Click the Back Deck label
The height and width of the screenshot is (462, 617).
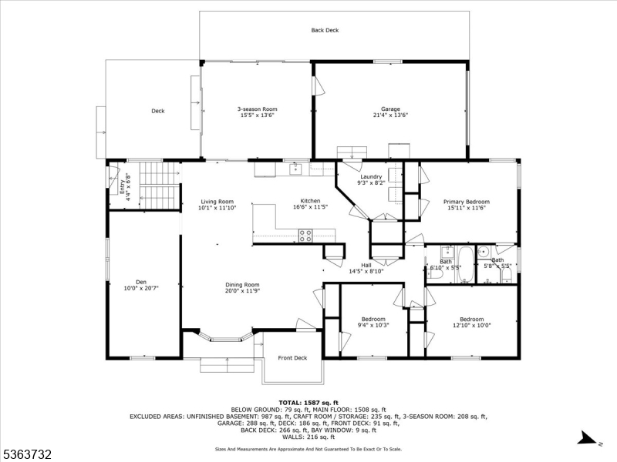325,30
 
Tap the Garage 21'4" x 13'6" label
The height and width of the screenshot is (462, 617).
389,112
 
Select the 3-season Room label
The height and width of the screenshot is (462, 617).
257,112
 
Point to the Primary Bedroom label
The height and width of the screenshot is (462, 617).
466,205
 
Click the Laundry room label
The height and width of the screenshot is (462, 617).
371,180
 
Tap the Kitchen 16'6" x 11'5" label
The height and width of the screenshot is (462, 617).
310,204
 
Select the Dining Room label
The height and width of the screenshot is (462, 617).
242,288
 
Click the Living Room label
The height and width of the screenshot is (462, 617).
216,205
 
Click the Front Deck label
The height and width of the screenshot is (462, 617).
292,358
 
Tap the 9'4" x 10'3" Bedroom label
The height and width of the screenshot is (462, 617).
373,322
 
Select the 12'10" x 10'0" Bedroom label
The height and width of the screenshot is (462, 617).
471,322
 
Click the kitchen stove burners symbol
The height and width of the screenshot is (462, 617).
305,236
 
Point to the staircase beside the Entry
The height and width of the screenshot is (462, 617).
158,185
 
